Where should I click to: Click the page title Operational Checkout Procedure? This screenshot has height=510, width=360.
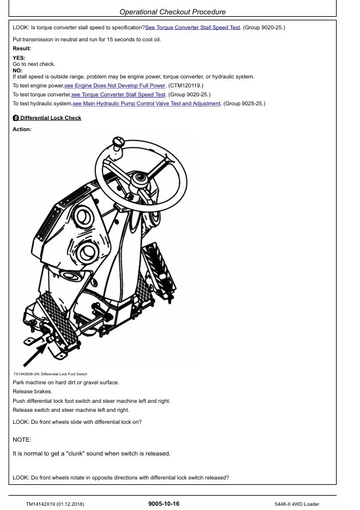pos(173,12)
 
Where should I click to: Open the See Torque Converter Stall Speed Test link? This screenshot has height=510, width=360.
pos(192,28)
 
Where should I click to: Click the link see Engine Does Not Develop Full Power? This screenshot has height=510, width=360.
pos(115,86)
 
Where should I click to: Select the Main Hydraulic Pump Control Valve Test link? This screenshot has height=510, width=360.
pos(147,104)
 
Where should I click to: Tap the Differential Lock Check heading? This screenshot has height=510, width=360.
pos(51,118)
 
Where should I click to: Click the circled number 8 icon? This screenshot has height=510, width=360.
pos(16,118)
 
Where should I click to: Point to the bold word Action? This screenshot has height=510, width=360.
pos(22,129)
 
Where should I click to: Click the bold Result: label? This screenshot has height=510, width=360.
pos(22,48)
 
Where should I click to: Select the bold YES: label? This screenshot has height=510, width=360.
pos(19,58)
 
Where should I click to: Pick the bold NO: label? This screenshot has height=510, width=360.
pos(17,71)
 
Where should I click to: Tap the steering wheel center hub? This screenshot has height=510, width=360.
pos(140,178)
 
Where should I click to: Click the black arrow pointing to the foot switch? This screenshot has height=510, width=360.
pos(35,355)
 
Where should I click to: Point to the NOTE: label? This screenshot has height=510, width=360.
pos(22,440)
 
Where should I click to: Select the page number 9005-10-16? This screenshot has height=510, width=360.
pos(164,504)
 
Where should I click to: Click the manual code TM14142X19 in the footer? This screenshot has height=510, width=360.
pos(40,504)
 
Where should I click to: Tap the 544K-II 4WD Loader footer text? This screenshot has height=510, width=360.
pos(297,504)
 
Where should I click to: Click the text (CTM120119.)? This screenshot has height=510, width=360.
pos(186,86)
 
